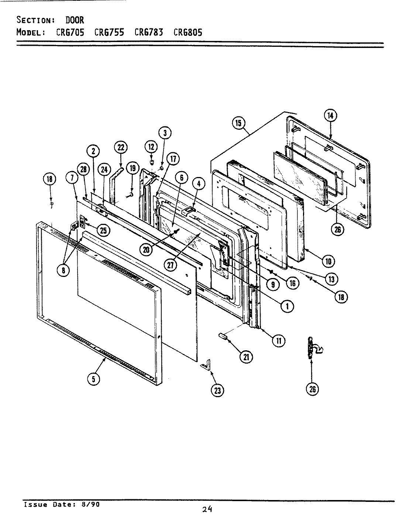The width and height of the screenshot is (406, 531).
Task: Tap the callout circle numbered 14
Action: pyautogui.click(x=330, y=115)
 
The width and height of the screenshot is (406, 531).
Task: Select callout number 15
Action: pyautogui.click(x=238, y=122)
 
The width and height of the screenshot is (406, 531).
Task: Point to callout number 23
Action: pyautogui.click(x=217, y=390)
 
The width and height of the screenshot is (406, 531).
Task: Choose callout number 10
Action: pyautogui.click(x=328, y=261)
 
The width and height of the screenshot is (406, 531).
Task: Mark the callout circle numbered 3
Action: pyautogui.click(x=165, y=132)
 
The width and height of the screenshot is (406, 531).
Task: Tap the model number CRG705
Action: pyautogui.click(x=70, y=32)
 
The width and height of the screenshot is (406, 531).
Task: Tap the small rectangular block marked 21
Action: pyautogui.click(x=222, y=336)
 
